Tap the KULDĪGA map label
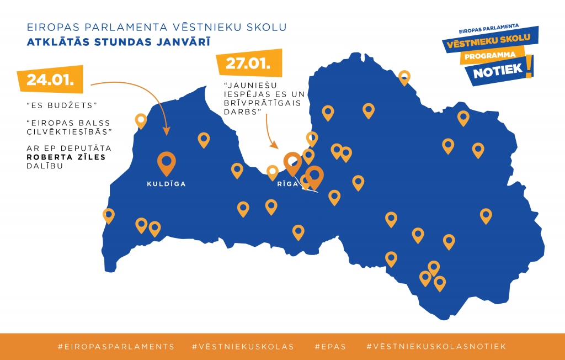(166, 184)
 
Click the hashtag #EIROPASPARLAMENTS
(116, 347)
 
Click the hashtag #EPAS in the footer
(330, 347)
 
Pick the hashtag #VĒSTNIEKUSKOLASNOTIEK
(436, 347)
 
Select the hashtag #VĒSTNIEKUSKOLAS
(243, 347)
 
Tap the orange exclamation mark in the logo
(530, 66)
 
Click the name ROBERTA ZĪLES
(66, 157)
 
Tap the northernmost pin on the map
(404, 77)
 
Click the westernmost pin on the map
(109, 214)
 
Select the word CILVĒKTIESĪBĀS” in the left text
(70, 131)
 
